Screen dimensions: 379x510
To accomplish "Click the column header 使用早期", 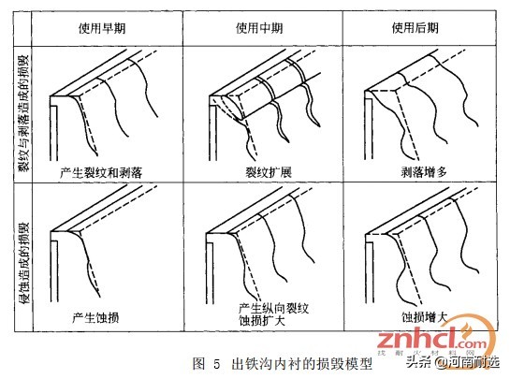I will point(102,26).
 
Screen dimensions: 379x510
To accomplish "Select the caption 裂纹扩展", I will point(263,175).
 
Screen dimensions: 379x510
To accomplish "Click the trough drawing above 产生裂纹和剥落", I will point(98,103).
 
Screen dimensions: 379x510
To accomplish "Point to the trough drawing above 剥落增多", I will point(416,103).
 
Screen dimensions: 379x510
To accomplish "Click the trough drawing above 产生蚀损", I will point(98,248).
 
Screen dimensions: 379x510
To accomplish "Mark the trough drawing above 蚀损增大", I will point(416,248).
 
